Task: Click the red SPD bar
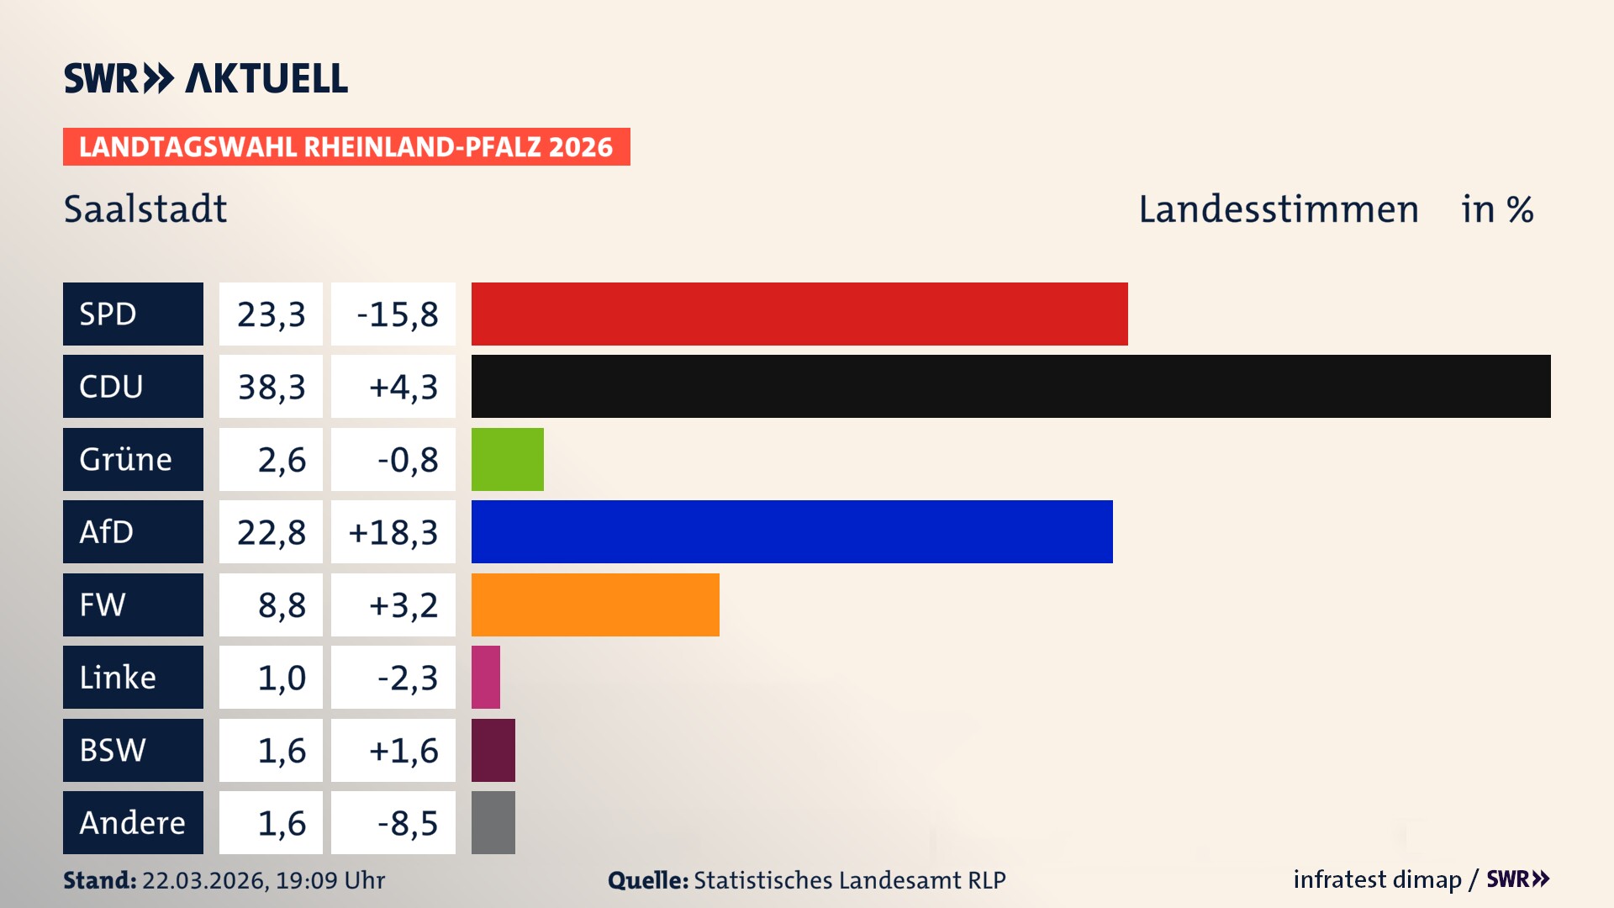(x=799, y=314)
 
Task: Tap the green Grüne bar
(x=507, y=459)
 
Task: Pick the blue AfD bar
(x=791, y=531)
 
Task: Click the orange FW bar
(x=594, y=604)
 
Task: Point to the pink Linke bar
(x=486, y=677)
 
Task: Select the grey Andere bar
(x=493, y=822)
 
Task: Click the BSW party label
(x=113, y=750)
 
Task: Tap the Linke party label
(x=118, y=677)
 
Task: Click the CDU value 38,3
(x=271, y=387)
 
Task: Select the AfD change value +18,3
(x=393, y=532)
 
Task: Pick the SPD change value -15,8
(x=397, y=314)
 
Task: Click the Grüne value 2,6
(x=281, y=460)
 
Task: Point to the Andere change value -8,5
(x=407, y=823)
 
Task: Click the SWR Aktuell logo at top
(x=205, y=78)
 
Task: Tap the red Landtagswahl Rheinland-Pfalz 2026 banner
(x=345, y=147)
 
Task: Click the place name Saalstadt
(x=145, y=209)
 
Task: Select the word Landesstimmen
(x=1278, y=209)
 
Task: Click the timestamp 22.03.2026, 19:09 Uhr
(x=263, y=880)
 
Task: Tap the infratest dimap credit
(x=1377, y=879)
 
